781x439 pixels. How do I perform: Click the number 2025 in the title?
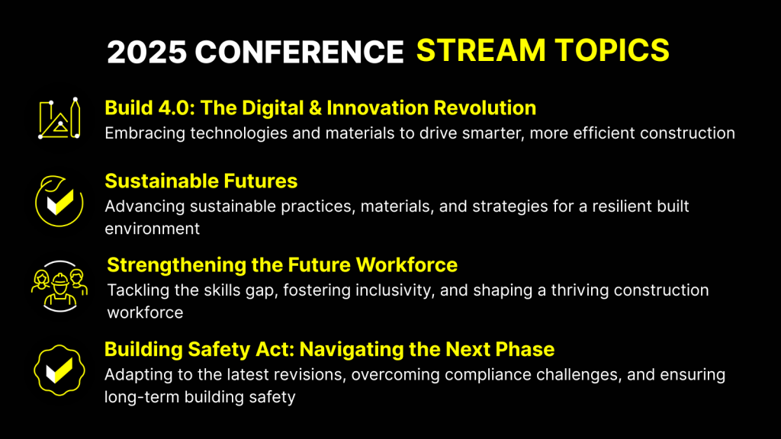click(x=147, y=52)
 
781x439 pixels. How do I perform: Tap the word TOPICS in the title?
click(x=612, y=50)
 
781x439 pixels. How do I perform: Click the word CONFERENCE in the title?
click(x=299, y=52)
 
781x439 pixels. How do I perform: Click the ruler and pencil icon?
click(x=59, y=118)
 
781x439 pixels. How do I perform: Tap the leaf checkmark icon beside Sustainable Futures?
click(x=59, y=201)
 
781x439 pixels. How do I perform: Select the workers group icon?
click(x=59, y=287)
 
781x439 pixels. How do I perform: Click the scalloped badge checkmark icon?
click(x=59, y=370)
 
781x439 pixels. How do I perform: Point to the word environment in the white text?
click(x=153, y=229)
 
